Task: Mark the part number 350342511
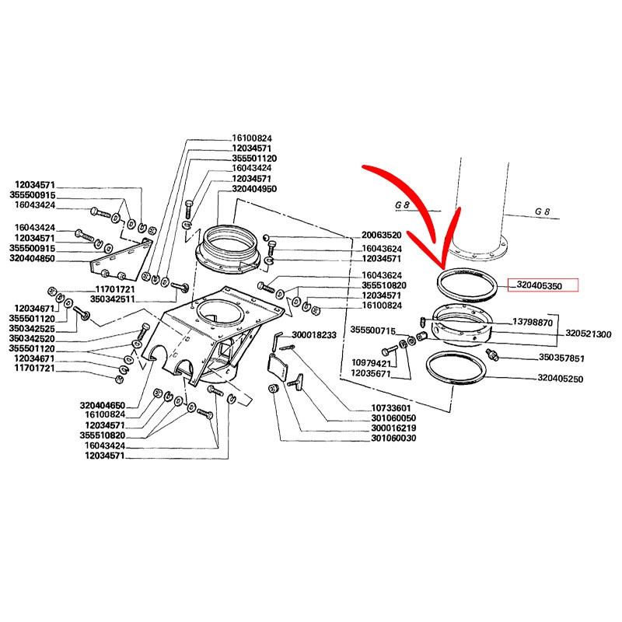pyautogui.click(x=114, y=298)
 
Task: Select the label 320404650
pyautogui.click(x=102, y=406)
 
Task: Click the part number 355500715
pyautogui.click(x=373, y=330)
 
